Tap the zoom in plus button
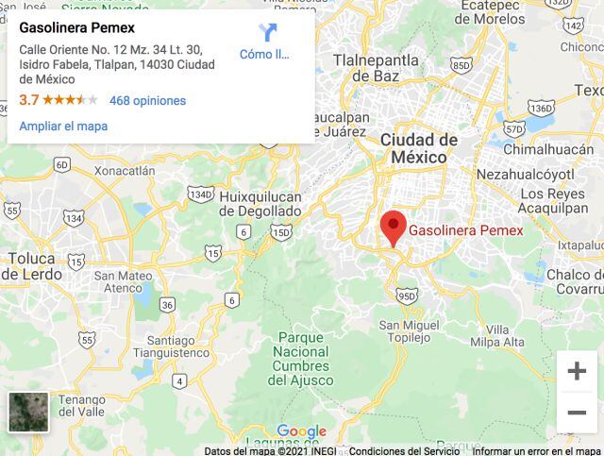pyautogui.click(x=576, y=371)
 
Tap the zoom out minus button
pyautogui.click(x=576, y=413)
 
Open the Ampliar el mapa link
pyautogui.click(x=63, y=126)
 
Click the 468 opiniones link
pyautogui.click(x=147, y=100)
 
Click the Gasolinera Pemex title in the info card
pyautogui.click(x=77, y=27)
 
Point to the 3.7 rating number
pyautogui.click(x=28, y=100)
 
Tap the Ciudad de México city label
pyautogui.click(x=418, y=147)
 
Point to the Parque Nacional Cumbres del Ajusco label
pyautogui.click(x=300, y=359)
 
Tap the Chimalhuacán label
pyautogui.click(x=548, y=149)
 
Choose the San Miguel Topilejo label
pyautogui.click(x=410, y=331)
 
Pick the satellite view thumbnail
pyautogui.click(x=28, y=412)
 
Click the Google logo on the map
pyautogui.click(x=301, y=432)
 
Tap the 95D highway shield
pyautogui.click(x=406, y=296)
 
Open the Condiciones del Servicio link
pyautogui.click(x=404, y=450)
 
